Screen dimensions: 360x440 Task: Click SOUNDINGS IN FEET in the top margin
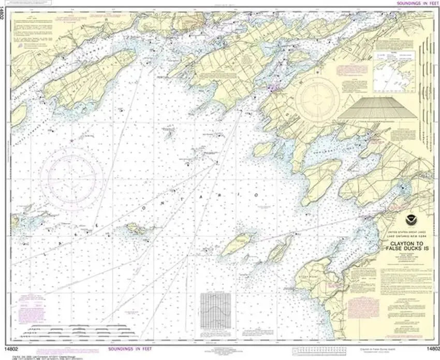pos(413,3)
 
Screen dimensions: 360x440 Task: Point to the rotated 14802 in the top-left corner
pos(4,12)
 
